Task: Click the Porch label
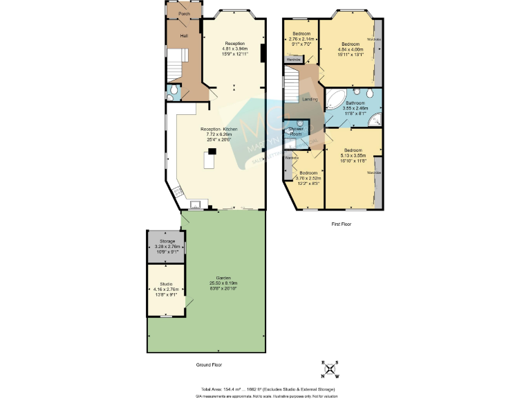184,14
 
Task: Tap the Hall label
184,35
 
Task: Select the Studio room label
167,283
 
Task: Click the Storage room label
167,241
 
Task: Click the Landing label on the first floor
310,99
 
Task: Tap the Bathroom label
355,103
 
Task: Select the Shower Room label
296,131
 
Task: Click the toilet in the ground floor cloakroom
174,91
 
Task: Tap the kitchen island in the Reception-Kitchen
209,161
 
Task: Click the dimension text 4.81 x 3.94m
234,49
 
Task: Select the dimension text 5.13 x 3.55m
353,155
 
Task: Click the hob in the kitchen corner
178,192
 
